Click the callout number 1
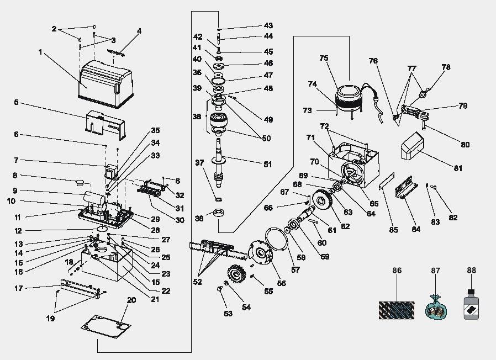coord(40,52)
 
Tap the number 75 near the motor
coord(324,58)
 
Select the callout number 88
coord(471,270)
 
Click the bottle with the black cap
coord(471,304)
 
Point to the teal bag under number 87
coord(436,308)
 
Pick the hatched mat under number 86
coord(397,310)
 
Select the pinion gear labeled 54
coord(236,275)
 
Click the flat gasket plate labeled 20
coord(106,326)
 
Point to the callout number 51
coord(268,164)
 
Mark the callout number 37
coord(199,162)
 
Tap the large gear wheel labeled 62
coord(323,200)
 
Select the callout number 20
coord(131,300)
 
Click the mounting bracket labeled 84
coord(406,188)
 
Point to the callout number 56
coord(281,283)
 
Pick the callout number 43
coord(268,25)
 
